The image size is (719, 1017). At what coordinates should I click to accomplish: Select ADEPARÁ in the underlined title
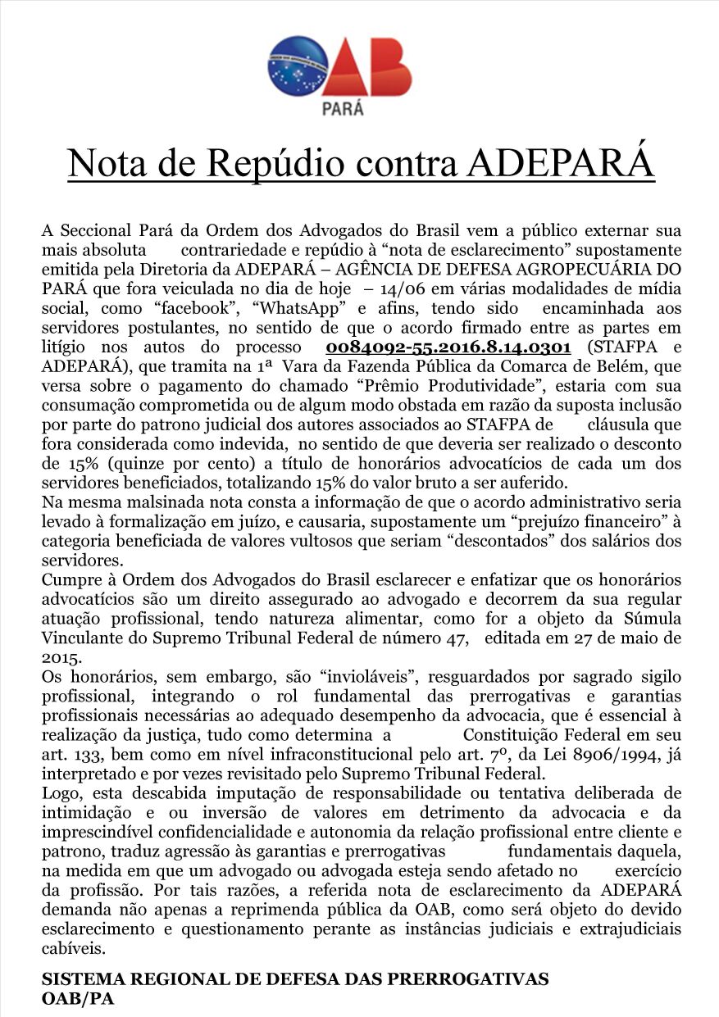pos(561,163)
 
